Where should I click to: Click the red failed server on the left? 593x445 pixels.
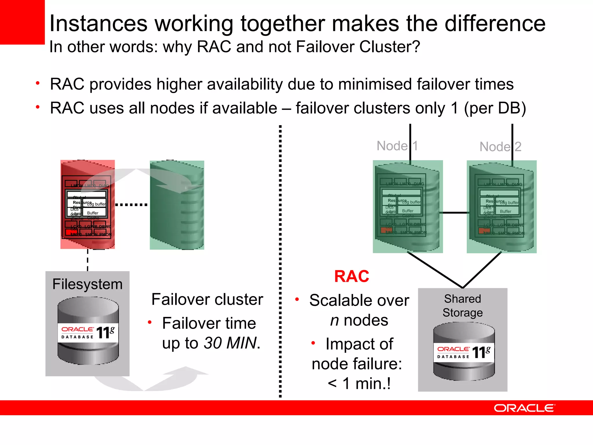(x=87, y=204)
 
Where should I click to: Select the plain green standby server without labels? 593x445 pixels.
(x=177, y=205)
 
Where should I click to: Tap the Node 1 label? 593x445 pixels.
(x=397, y=146)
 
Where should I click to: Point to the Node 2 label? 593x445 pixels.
(x=500, y=147)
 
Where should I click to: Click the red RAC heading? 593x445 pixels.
(x=352, y=276)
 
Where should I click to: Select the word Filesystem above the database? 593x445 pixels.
(x=87, y=284)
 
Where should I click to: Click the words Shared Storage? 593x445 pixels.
(x=462, y=306)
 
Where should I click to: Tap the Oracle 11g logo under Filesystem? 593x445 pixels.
(x=88, y=333)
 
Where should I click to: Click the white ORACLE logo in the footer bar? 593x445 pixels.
(x=524, y=408)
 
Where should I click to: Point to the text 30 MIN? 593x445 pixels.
(x=230, y=343)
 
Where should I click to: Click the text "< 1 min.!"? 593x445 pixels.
(x=359, y=384)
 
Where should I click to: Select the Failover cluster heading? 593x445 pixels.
(x=207, y=299)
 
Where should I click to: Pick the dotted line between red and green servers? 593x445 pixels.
(x=131, y=205)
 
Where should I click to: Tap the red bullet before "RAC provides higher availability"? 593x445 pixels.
(x=38, y=83)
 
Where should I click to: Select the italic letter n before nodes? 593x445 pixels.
(x=334, y=320)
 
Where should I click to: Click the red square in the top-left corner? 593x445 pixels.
(x=22, y=22)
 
